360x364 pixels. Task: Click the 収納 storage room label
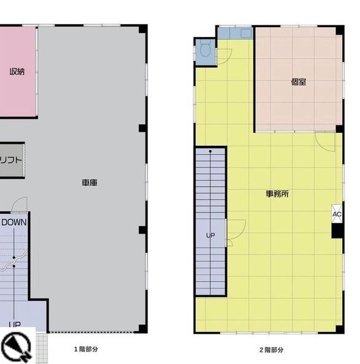point(17,71)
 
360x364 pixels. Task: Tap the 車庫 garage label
point(90,183)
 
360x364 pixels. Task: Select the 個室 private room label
point(299,82)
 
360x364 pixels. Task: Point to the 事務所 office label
point(277,194)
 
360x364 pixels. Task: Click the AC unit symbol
point(337,213)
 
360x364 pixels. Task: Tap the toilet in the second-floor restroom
point(205,50)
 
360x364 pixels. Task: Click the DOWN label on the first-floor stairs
point(14,222)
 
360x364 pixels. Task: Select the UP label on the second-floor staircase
point(210,235)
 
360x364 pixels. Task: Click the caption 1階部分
point(85,349)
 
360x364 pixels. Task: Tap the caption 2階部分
point(271,350)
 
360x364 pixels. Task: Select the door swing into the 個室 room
point(324,140)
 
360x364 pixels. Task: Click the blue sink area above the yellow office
point(235,33)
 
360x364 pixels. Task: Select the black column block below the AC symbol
point(337,231)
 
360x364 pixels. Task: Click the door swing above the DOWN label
point(20,205)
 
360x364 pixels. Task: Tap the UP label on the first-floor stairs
point(14,324)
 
